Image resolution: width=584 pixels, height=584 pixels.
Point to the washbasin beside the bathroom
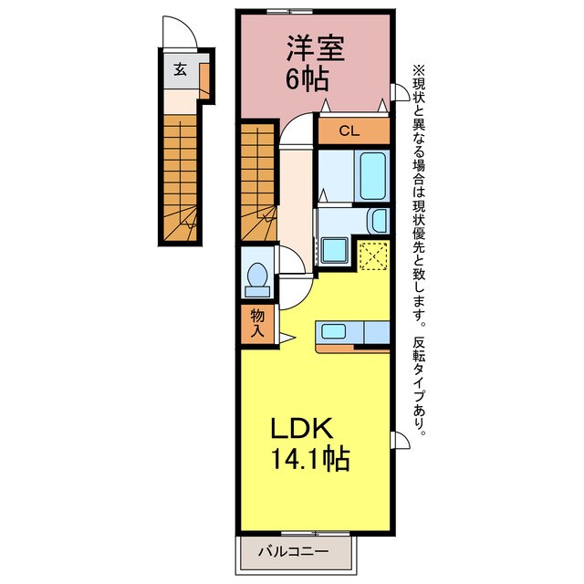tap(377, 221)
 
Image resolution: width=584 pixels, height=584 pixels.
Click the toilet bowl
tap(258, 276)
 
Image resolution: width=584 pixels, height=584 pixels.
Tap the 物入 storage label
tap(257, 322)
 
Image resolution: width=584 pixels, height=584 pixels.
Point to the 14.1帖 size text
tap(310, 459)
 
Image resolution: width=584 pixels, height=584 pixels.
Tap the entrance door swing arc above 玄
tap(177, 36)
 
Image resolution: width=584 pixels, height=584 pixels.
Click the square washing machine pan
tap(333, 247)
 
